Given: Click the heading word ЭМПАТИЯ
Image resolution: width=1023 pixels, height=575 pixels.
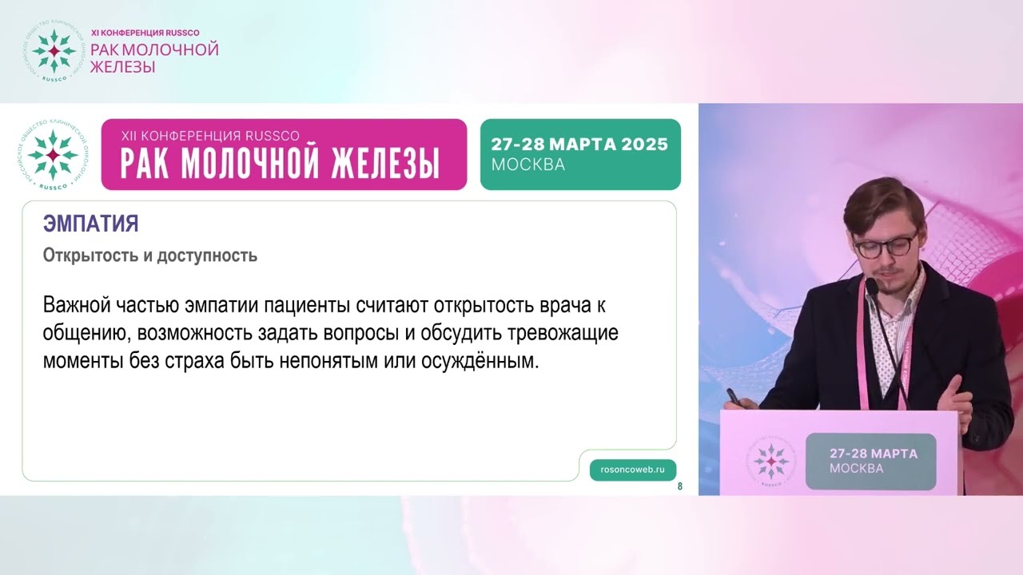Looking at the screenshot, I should point(91,224).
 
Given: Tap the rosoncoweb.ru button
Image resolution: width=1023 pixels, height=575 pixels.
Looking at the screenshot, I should point(632,470).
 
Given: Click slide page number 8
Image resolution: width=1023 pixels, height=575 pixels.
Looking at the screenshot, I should point(680,486).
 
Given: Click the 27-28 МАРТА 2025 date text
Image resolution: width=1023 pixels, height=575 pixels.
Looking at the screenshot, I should point(579,145).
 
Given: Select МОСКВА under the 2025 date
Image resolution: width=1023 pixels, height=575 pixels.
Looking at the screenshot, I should point(528,165).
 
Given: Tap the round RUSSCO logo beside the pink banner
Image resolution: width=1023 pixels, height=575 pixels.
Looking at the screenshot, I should point(54,154).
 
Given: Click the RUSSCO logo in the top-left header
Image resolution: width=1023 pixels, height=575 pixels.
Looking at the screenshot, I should point(54,51).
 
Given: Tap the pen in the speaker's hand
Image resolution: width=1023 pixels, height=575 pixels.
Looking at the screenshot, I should point(732,396).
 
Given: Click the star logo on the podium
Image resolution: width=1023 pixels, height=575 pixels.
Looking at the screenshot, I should point(771,461).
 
